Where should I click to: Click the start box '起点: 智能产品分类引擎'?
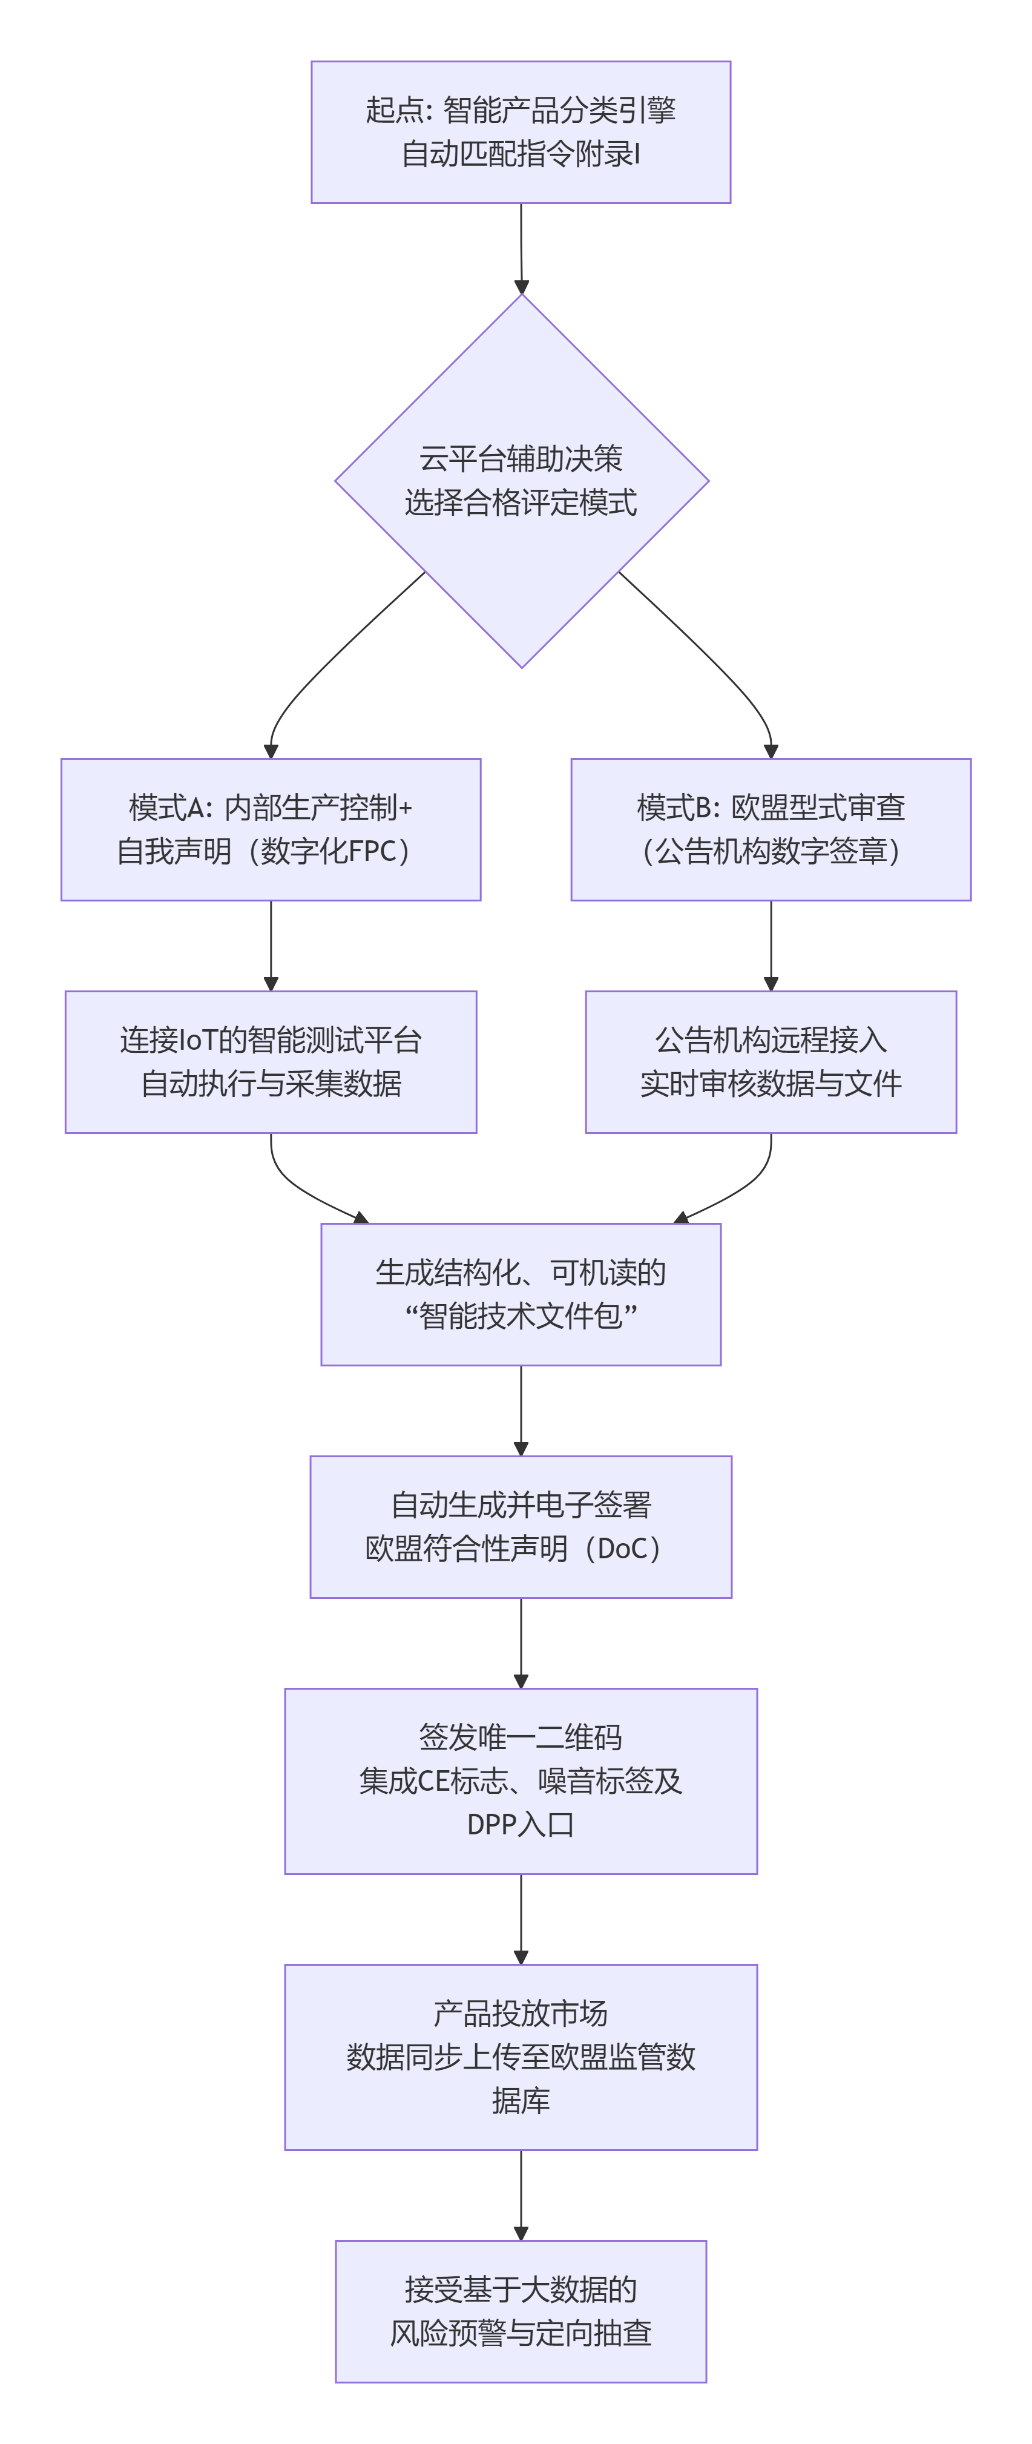(521, 132)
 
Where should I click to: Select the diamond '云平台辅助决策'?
(521, 480)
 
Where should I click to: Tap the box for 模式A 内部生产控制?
(271, 829)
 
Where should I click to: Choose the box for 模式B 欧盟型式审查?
(770, 829)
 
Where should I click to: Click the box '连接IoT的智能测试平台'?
(271, 1062)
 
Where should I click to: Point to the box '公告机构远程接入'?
(770, 1062)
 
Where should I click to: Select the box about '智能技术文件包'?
(521, 1294)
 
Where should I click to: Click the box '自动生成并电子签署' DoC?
(521, 1527)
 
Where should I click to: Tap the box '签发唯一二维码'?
(521, 1781)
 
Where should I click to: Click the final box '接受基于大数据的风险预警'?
(521, 2311)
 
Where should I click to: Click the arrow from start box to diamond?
(521, 246)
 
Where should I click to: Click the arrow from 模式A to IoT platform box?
(271, 944)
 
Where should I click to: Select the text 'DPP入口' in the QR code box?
(521, 1823)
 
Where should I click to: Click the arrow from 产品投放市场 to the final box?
(521, 2193)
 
